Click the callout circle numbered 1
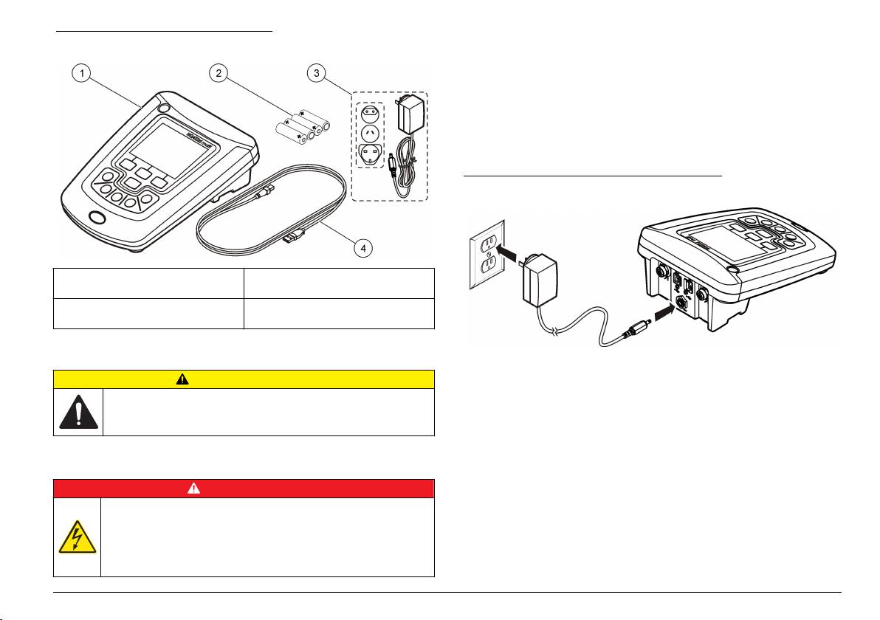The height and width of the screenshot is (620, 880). pyautogui.click(x=81, y=72)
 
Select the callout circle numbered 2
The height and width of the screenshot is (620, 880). pyautogui.click(x=217, y=72)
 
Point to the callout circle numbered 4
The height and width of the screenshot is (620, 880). pyautogui.click(x=362, y=248)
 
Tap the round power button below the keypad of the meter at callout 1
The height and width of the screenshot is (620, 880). pyautogui.click(x=96, y=218)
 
